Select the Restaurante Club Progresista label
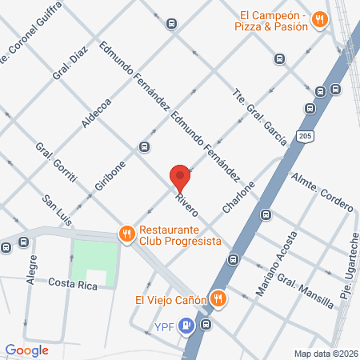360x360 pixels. click(179, 235)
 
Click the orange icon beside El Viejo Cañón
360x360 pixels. click(218, 300)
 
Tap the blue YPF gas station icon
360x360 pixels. click(186, 325)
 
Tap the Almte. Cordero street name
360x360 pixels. click(323, 192)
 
